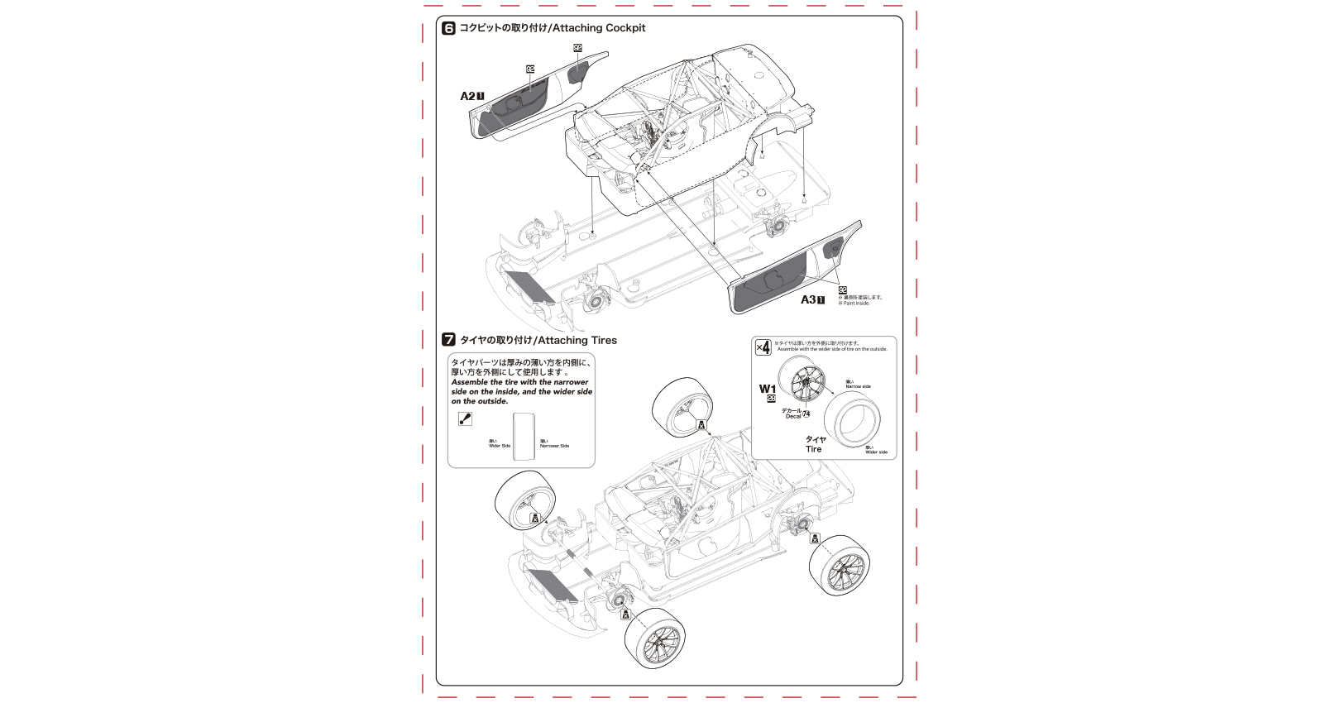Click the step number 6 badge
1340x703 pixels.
point(449,28)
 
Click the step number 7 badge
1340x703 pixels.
point(449,340)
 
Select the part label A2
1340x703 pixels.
point(467,96)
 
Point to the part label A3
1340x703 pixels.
point(808,300)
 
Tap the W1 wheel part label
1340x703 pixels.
point(768,389)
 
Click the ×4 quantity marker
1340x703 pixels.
point(763,347)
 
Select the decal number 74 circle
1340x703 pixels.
point(806,414)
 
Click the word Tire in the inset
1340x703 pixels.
point(814,449)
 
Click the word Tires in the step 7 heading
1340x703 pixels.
point(601,340)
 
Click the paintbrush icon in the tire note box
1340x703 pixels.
point(465,419)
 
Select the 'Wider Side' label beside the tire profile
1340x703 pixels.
point(500,446)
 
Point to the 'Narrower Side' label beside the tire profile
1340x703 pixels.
point(554,446)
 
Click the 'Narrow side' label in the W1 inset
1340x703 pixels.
point(858,386)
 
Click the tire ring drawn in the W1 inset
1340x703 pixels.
point(852,419)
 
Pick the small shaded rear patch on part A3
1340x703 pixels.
point(836,246)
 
